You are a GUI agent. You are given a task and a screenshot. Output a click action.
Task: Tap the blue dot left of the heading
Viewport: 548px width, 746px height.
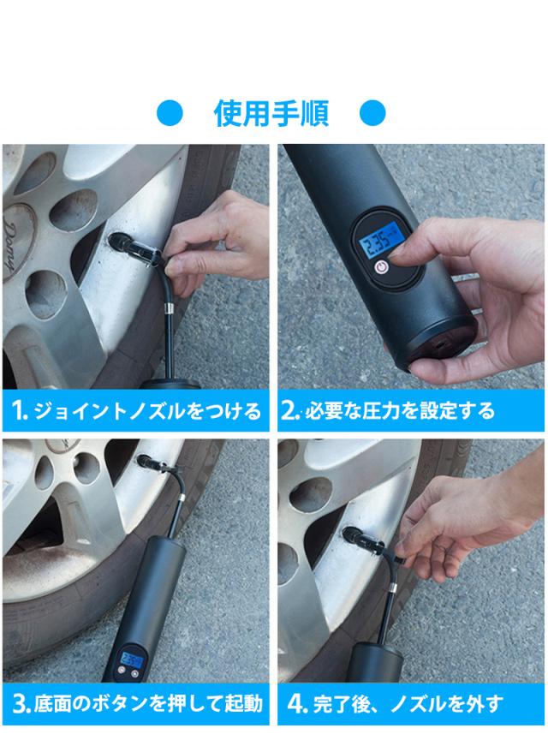coord(172,113)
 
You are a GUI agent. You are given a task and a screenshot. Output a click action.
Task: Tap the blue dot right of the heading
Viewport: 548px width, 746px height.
coord(372,113)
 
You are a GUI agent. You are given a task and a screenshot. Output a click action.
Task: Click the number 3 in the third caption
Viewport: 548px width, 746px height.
coord(19,705)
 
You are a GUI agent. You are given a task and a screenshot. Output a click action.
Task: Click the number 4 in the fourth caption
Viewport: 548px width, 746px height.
coord(295,705)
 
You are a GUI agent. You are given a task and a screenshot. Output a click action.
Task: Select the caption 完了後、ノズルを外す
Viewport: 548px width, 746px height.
coord(408,705)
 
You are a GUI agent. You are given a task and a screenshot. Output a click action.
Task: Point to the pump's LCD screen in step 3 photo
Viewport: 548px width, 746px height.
coord(132,660)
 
